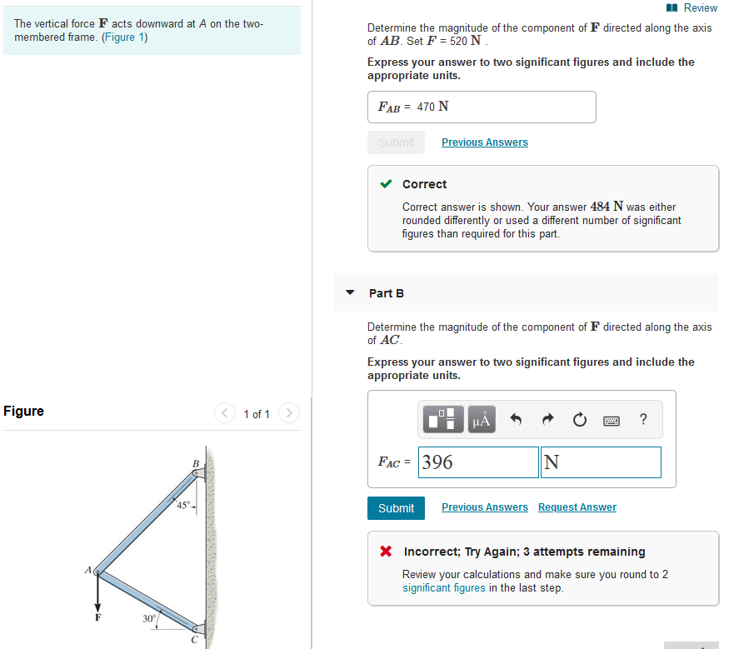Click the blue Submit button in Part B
[396, 508]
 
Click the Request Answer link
[577, 507]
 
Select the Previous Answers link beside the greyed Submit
[484, 142]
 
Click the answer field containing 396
[478, 462]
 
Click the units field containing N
[600, 462]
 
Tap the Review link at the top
[699, 7]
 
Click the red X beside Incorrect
[386, 552]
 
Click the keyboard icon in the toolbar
[611, 420]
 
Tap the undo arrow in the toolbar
[516, 420]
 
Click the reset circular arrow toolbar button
[580, 420]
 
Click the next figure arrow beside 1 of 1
[288, 413]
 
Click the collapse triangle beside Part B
[350, 293]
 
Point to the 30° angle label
[147, 618]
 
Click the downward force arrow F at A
[97, 596]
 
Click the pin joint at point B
[197, 474]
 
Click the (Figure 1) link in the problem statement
[125, 38]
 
